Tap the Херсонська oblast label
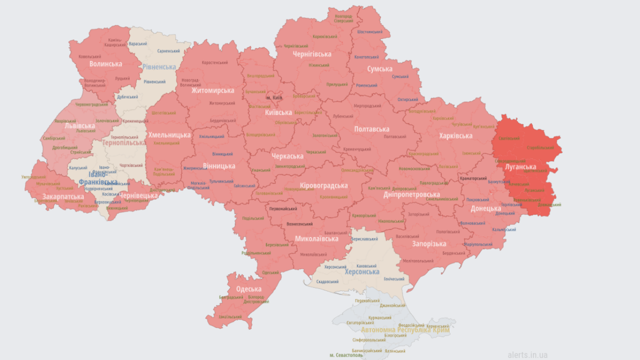(362, 272)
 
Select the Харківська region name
(455, 136)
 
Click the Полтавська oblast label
(371, 129)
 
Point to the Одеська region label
(248, 289)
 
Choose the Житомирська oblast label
(212, 90)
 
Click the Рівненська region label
(159, 67)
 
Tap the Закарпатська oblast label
(63, 196)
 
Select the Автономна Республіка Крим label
(405, 330)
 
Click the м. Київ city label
(274, 97)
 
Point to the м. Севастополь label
(345, 355)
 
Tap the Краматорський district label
(472, 178)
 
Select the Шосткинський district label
(370, 31)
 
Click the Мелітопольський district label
(418, 260)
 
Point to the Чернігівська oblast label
(312, 54)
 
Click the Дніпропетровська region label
(411, 194)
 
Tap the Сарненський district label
(168, 51)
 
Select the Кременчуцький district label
(357, 149)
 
